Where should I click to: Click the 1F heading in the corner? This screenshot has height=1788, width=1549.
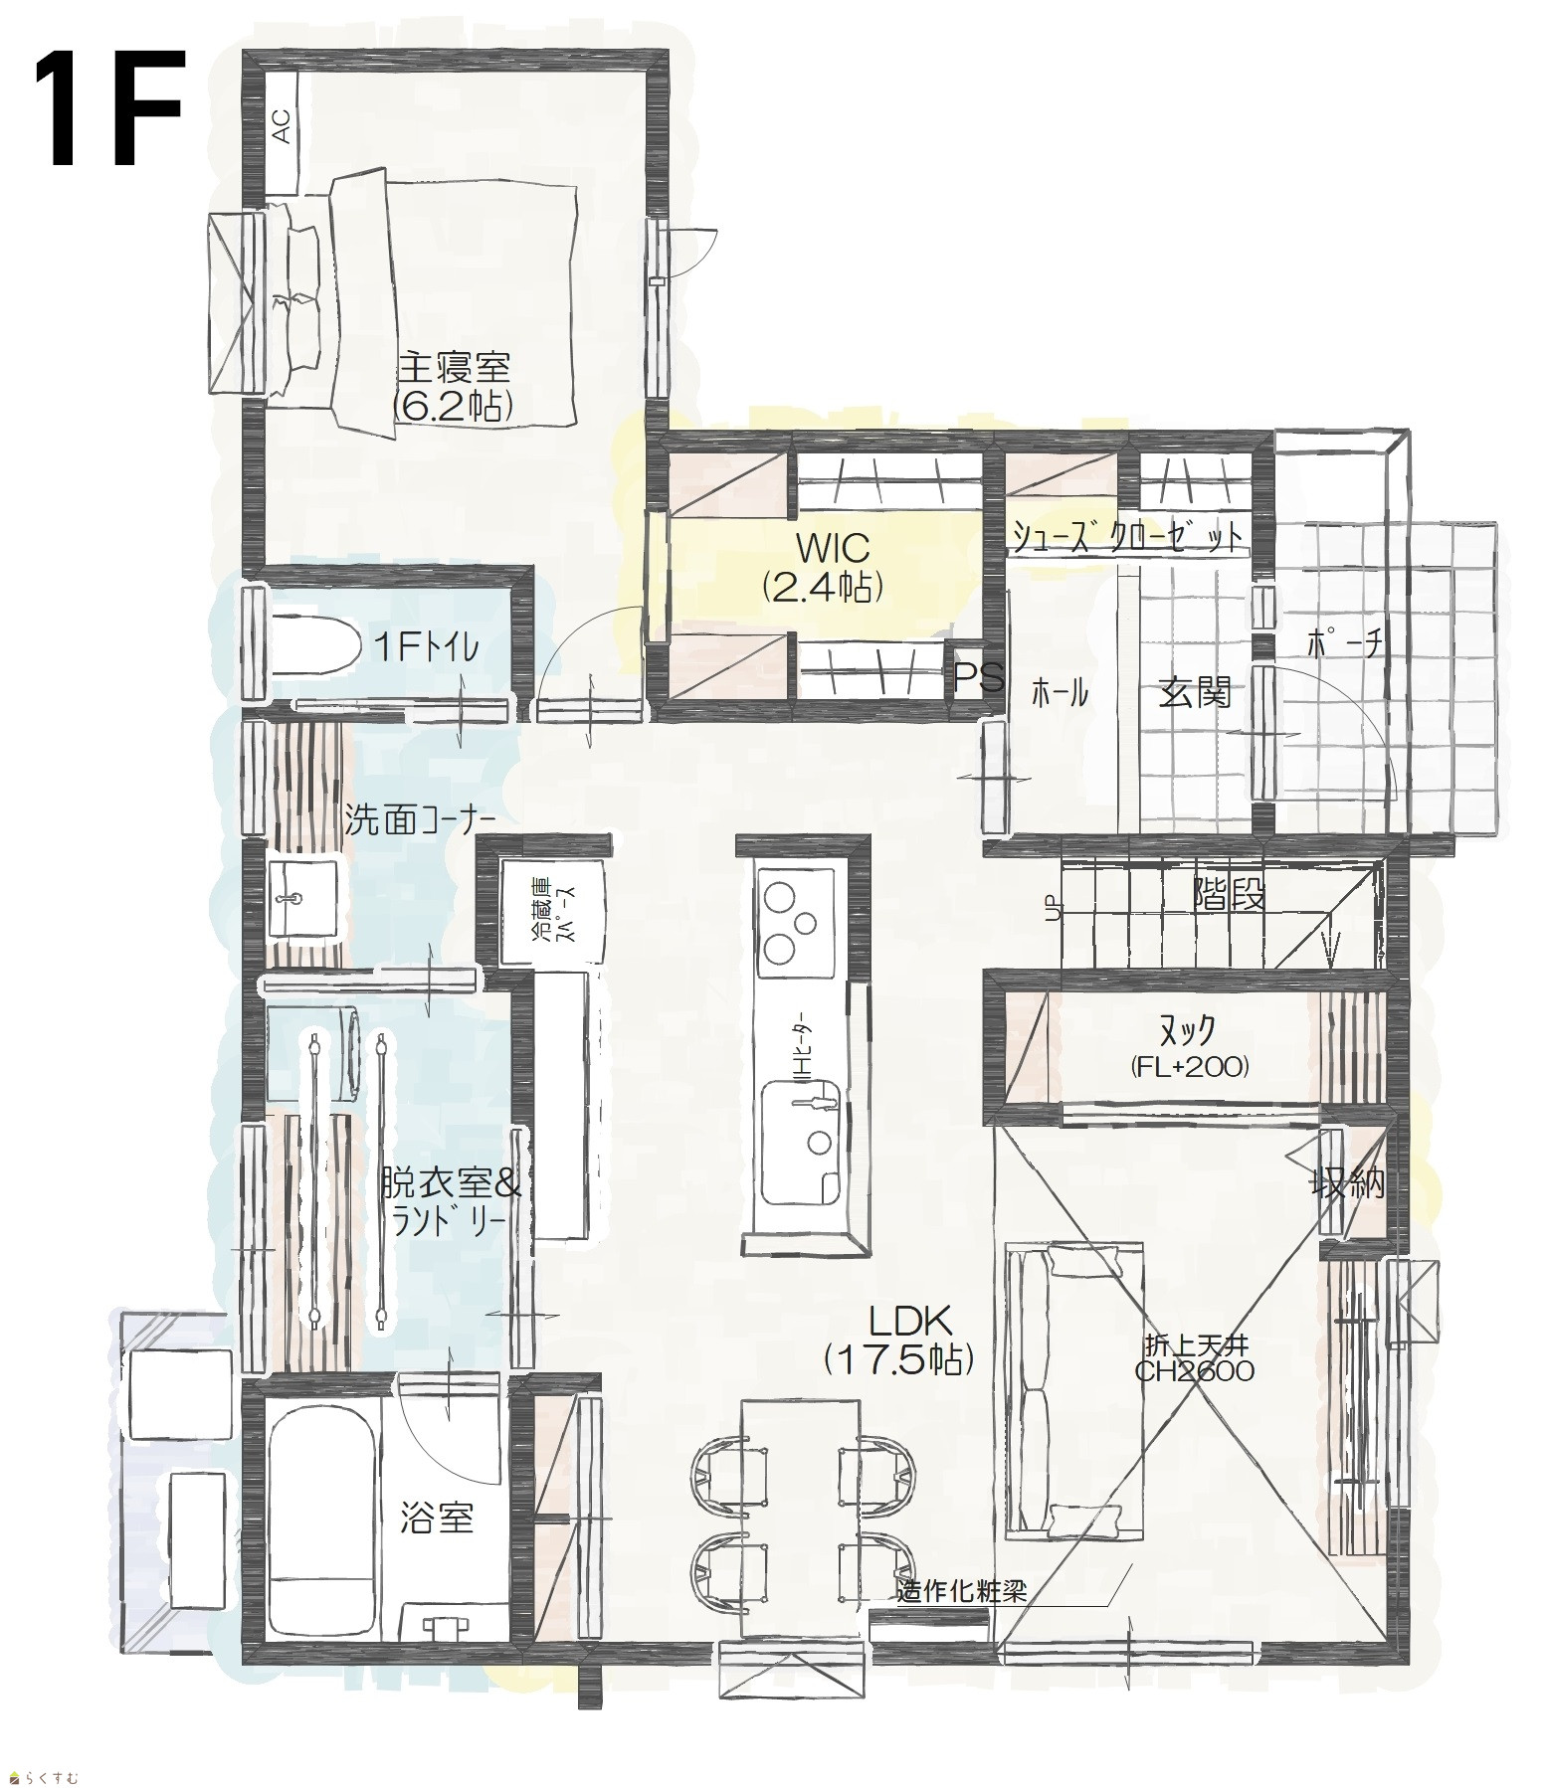(x=111, y=111)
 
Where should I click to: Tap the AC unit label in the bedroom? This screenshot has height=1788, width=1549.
(x=282, y=127)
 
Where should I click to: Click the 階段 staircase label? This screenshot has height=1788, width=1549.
(x=1230, y=896)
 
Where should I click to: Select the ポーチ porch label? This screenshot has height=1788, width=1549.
(x=1344, y=644)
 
